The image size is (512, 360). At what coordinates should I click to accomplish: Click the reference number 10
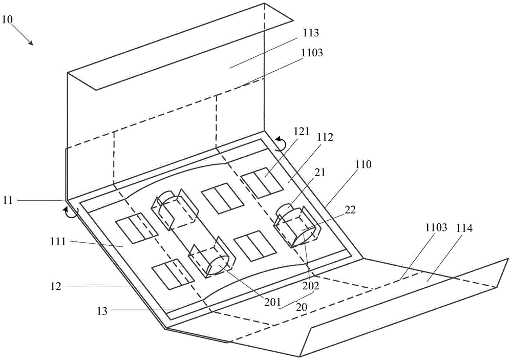click(7, 19)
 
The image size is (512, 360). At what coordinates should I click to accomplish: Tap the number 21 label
click(320, 172)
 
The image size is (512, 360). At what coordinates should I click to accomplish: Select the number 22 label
click(350, 209)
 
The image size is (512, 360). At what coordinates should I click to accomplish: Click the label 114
click(464, 228)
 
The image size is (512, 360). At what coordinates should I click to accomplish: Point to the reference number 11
click(8, 200)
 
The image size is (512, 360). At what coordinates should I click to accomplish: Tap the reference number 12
click(56, 286)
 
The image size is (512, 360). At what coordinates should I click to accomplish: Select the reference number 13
click(102, 311)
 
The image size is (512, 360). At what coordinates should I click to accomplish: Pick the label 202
click(311, 286)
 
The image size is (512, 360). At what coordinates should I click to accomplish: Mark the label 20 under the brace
click(302, 308)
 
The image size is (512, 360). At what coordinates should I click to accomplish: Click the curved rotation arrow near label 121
click(281, 144)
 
